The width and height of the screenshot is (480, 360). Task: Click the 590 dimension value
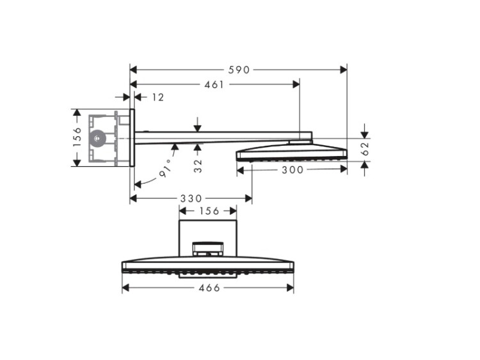pyautogui.click(x=239, y=70)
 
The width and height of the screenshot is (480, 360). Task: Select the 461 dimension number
pyautogui.click(x=214, y=84)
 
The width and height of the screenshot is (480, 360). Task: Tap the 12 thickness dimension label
pyautogui.click(x=158, y=97)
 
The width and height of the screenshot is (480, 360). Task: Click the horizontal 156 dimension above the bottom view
pyautogui.click(x=209, y=211)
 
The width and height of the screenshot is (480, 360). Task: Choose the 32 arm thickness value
pyautogui.click(x=198, y=166)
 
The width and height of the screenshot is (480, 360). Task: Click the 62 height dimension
pyautogui.click(x=365, y=148)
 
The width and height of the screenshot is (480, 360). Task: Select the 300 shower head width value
pyautogui.click(x=292, y=169)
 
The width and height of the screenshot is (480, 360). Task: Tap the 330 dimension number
pyautogui.click(x=191, y=199)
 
